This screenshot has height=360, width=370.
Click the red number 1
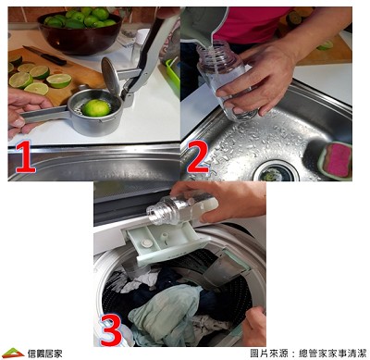click(x=25, y=158)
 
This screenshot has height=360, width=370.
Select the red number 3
click(x=111, y=330)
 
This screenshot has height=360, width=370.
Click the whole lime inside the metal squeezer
click(x=96, y=108)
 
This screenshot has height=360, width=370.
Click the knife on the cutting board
click(x=44, y=55)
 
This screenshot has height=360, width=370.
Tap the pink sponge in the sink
click(x=337, y=159)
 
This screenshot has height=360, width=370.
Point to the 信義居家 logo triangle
click(x=12, y=353)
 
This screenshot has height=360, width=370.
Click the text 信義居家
click(x=44, y=354)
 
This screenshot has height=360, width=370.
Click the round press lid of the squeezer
click(x=111, y=75)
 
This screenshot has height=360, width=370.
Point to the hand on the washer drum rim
click(x=254, y=326)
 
